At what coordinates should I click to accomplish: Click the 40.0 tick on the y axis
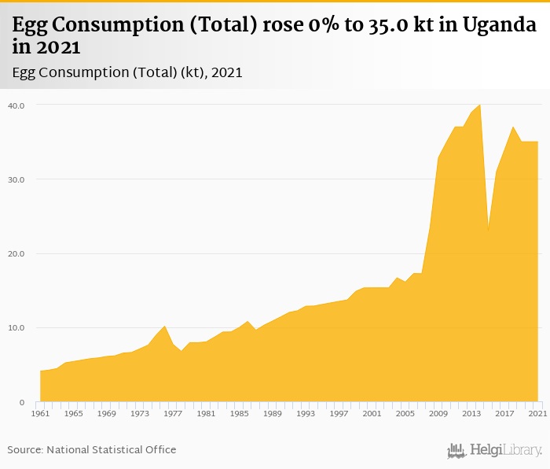coord(16,105)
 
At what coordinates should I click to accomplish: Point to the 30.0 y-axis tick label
coord(16,179)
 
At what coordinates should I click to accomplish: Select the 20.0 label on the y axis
coord(16,253)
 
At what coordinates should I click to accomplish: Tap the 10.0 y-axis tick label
coord(16,328)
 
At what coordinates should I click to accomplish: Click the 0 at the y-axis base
coord(22,402)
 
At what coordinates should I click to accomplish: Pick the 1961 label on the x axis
coord(40,413)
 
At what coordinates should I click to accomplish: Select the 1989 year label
coord(272,413)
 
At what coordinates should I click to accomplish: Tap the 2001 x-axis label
coord(372,413)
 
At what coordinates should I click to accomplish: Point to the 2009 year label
coord(438,413)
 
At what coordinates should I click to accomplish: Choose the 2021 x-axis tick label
coord(537,413)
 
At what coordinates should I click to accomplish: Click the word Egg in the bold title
coord(30,26)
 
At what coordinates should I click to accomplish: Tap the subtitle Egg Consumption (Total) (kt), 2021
coord(127,72)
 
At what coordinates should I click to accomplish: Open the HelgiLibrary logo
coord(495,450)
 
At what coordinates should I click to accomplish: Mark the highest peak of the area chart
coord(479,105)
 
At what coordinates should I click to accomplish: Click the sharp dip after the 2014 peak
coord(488,231)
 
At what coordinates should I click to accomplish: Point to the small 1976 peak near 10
coord(164,326)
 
